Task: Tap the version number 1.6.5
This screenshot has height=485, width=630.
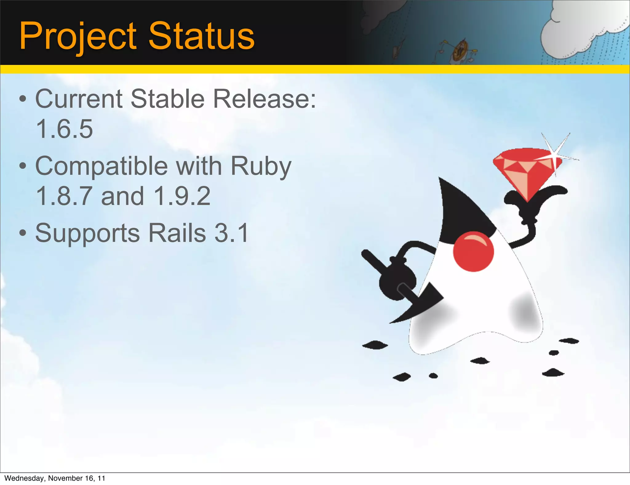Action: pos(64,129)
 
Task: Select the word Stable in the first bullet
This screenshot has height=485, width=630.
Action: pos(168,99)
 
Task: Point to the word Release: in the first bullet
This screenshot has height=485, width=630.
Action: pos(265,99)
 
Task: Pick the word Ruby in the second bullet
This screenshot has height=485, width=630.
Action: pos(261,166)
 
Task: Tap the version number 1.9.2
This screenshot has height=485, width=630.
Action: pos(182,196)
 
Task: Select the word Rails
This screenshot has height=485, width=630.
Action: pos(177,233)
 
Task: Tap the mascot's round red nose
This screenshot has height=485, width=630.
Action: pos(473,251)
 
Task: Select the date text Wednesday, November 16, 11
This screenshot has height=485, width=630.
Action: pos(55,478)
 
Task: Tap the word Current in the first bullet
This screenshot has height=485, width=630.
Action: pos(78,99)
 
